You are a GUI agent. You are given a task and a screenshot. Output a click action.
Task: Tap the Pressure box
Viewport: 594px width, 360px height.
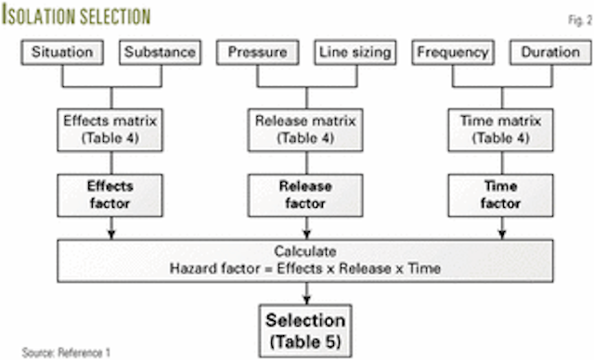point(256,53)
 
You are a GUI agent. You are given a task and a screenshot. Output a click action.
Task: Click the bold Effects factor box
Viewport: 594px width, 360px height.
point(111,192)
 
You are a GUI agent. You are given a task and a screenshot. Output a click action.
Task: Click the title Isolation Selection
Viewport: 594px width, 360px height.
point(79,16)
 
